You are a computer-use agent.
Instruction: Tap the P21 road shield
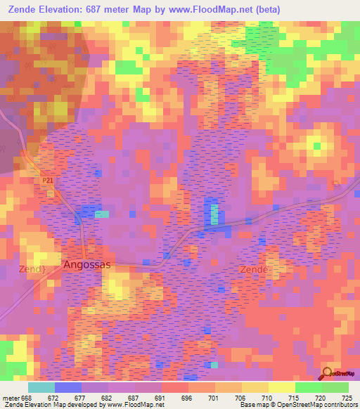click(47, 181)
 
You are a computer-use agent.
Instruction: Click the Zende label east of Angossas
click(254, 270)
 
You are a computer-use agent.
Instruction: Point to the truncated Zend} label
click(31, 269)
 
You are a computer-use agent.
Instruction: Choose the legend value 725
click(346, 397)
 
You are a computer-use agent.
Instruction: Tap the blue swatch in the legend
click(67, 387)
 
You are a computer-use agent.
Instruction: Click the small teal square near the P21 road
click(103, 214)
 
